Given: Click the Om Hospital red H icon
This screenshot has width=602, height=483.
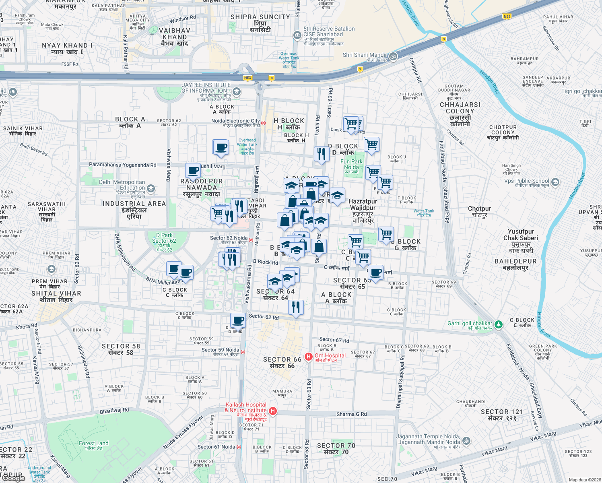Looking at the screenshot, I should [309, 357].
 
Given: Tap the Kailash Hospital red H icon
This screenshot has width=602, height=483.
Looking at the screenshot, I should [273, 411].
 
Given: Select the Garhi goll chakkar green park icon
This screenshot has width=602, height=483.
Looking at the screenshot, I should [498, 324].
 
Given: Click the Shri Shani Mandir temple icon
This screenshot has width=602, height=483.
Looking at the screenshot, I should [393, 56].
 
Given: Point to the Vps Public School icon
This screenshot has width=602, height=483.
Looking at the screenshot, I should [555, 182].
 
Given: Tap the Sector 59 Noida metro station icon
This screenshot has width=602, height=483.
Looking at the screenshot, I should [243, 352].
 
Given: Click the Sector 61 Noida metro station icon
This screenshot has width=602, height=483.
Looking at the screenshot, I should [239, 447].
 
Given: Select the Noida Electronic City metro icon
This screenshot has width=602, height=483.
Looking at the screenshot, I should [264, 123].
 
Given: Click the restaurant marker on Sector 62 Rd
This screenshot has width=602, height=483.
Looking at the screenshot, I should [296, 307].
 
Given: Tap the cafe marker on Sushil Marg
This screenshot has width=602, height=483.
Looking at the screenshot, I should [193, 170].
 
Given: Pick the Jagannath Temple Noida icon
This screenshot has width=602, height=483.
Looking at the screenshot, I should [466, 441].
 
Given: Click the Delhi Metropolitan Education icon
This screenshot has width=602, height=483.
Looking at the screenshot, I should [151, 188].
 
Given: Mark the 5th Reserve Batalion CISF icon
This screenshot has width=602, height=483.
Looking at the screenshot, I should [297, 35].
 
